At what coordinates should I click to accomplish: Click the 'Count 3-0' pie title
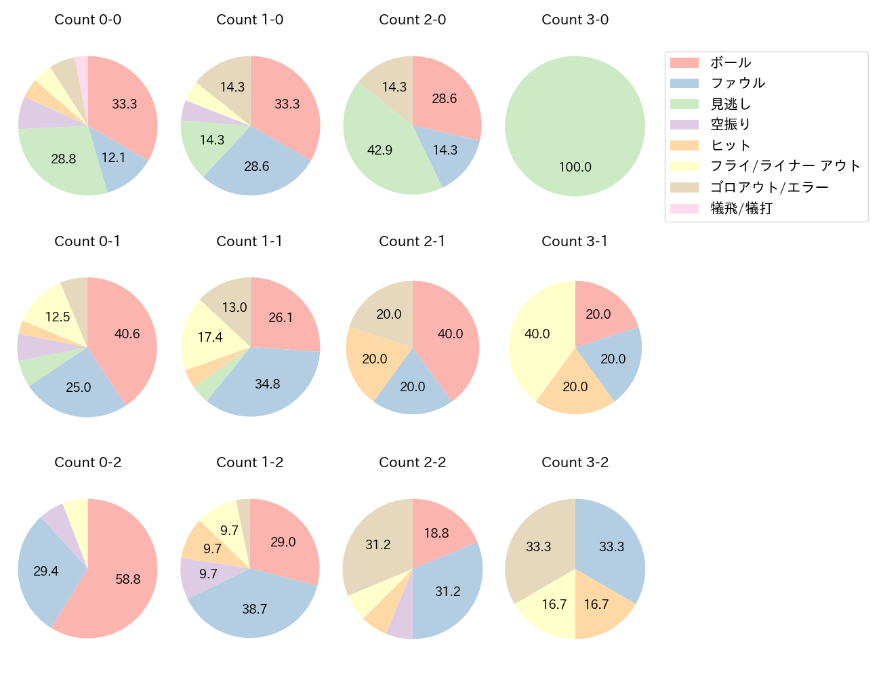coord(575,20)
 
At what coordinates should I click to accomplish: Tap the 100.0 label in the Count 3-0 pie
coord(575,167)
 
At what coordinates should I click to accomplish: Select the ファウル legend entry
coord(737,83)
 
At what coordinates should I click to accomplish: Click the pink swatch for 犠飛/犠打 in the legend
coord(684,208)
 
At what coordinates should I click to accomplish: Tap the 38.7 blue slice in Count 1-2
coord(254,607)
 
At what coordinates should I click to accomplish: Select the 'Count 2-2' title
coord(412,462)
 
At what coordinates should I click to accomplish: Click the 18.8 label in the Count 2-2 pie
coord(436,533)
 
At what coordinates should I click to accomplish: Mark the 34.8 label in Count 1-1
coord(268,384)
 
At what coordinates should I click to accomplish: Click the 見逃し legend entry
coord(731,104)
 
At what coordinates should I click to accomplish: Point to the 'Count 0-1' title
coord(87,241)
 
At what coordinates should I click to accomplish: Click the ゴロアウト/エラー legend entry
coord(769,187)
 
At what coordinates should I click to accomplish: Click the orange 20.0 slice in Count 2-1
coord(373,359)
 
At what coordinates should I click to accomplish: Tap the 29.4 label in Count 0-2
coord(46,571)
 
